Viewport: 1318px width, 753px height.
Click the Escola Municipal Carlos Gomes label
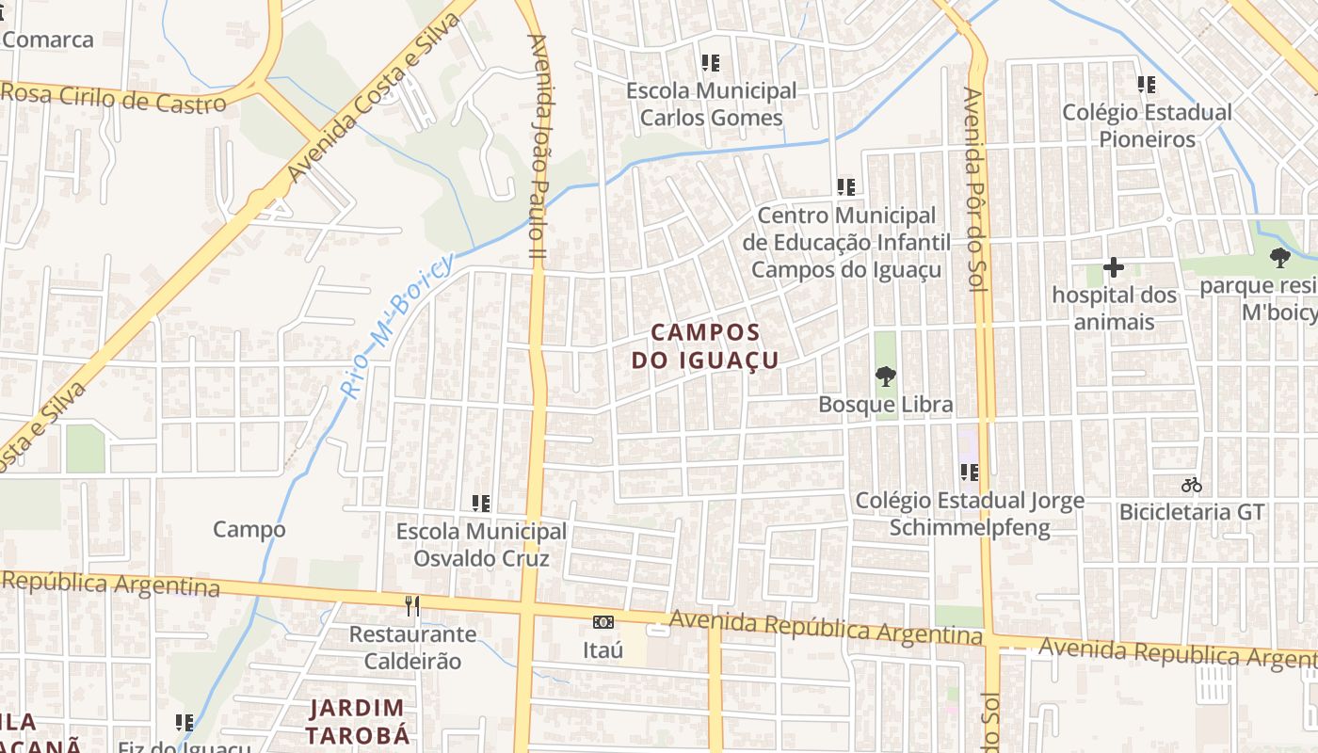711,104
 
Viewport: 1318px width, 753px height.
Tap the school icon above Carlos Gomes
711,63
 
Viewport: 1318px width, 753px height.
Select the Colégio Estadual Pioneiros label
1147,125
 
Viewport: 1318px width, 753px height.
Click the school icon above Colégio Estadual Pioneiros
1147,85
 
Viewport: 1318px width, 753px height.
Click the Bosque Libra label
885,405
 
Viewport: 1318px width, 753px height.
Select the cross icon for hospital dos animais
1114,267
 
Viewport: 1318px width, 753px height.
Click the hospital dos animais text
1115,309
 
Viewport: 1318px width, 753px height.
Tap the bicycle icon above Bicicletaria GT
1192,486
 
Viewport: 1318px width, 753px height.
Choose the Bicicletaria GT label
1191,513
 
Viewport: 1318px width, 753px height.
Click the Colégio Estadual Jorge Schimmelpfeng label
970,514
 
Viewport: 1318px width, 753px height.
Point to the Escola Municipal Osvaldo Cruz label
481,545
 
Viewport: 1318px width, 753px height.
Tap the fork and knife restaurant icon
412,605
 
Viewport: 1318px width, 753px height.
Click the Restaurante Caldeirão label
413,648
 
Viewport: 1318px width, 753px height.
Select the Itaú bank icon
603,622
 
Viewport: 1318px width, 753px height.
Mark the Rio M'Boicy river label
396,325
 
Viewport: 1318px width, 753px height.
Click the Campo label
249,529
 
